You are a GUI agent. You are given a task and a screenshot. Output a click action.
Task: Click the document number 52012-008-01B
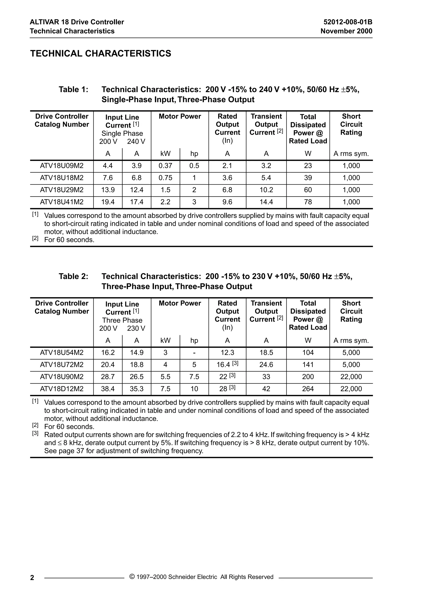pyautogui.click(x=348, y=22)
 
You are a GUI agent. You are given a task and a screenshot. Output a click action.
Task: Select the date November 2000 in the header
pyautogui.click(x=346, y=31)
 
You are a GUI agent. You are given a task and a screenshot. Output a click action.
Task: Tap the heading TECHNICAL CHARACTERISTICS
pyautogui.click(x=101, y=53)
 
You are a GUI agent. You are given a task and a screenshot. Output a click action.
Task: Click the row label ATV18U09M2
pyautogui.click(x=62, y=166)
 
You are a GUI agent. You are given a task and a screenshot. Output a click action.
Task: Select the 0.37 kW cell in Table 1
pyautogui.click(x=165, y=166)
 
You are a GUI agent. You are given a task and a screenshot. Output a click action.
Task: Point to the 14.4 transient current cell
pyautogui.click(x=266, y=202)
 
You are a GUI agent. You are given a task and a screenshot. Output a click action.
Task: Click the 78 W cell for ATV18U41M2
pyautogui.click(x=308, y=202)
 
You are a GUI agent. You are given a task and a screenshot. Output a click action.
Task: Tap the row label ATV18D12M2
pyautogui.click(x=62, y=389)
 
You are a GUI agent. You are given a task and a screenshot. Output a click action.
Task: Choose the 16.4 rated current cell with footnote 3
pyautogui.click(x=227, y=365)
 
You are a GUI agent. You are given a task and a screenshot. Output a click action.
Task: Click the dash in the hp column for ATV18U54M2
pyautogui.click(x=194, y=352)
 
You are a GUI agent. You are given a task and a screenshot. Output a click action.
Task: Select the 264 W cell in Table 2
pyautogui.click(x=308, y=389)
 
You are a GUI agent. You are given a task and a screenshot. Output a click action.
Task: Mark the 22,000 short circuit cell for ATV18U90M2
pyautogui.click(x=351, y=377)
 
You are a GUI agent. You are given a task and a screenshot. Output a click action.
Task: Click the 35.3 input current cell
pyautogui.click(x=137, y=389)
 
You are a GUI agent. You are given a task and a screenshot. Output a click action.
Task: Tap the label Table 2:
pyautogui.click(x=74, y=276)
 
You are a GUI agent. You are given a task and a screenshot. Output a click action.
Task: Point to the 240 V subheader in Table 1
pyautogui.click(x=136, y=142)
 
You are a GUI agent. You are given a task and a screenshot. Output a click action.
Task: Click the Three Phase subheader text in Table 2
pyautogui.click(x=122, y=320)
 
